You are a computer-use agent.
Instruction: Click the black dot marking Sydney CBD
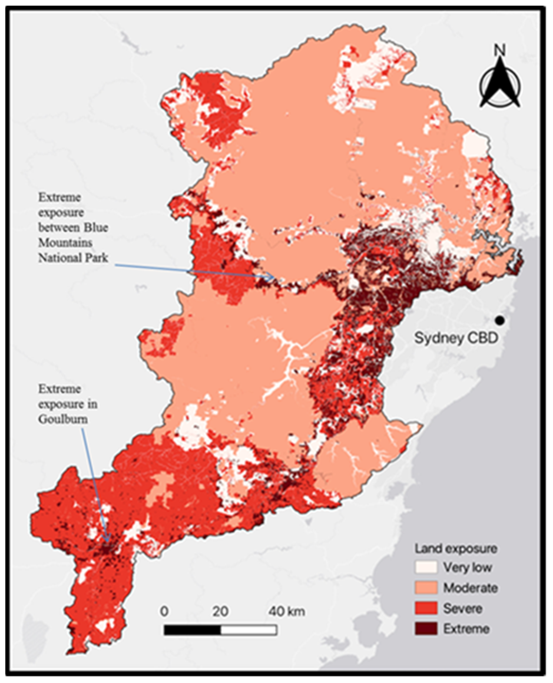500,320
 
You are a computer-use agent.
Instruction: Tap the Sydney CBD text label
456,339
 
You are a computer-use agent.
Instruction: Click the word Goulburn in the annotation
63,419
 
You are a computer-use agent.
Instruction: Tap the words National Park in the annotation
73,258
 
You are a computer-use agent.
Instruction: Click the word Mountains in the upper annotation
65,243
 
